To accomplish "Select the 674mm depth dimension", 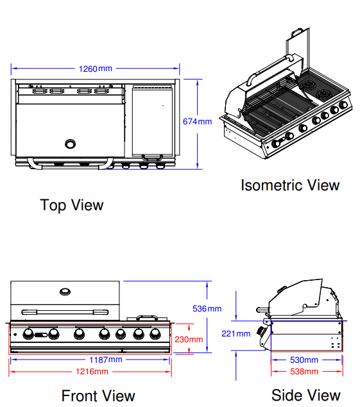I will pos(197,121).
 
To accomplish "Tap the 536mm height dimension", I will pos(207,308).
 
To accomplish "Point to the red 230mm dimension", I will pos(189,339).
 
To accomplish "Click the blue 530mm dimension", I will pos(304,360).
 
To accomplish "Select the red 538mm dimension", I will pos(304,371).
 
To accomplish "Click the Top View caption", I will pos(71,205).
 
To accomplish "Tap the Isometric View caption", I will pos(289,185).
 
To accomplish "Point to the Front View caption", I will pos(98,395).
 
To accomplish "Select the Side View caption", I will pos(305,395).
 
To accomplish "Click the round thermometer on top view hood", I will pos(70,142).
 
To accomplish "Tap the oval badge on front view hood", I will pos(65,292).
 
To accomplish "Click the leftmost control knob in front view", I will pos(28,333).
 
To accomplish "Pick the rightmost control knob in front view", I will pos(155,333).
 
